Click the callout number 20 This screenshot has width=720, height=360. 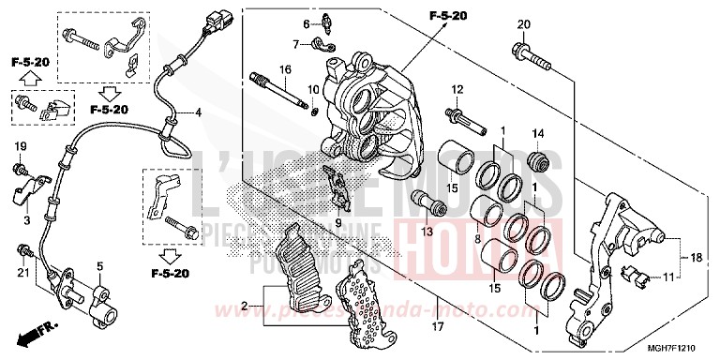tap(523, 24)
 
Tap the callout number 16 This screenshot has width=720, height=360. tap(285, 69)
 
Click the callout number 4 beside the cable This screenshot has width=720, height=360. tap(198, 112)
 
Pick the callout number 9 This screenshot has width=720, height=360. tap(339, 224)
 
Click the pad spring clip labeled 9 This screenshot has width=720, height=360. tap(338, 187)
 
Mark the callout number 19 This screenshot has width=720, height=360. tap(20, 146)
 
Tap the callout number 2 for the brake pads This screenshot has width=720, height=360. tap(246, 307)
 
